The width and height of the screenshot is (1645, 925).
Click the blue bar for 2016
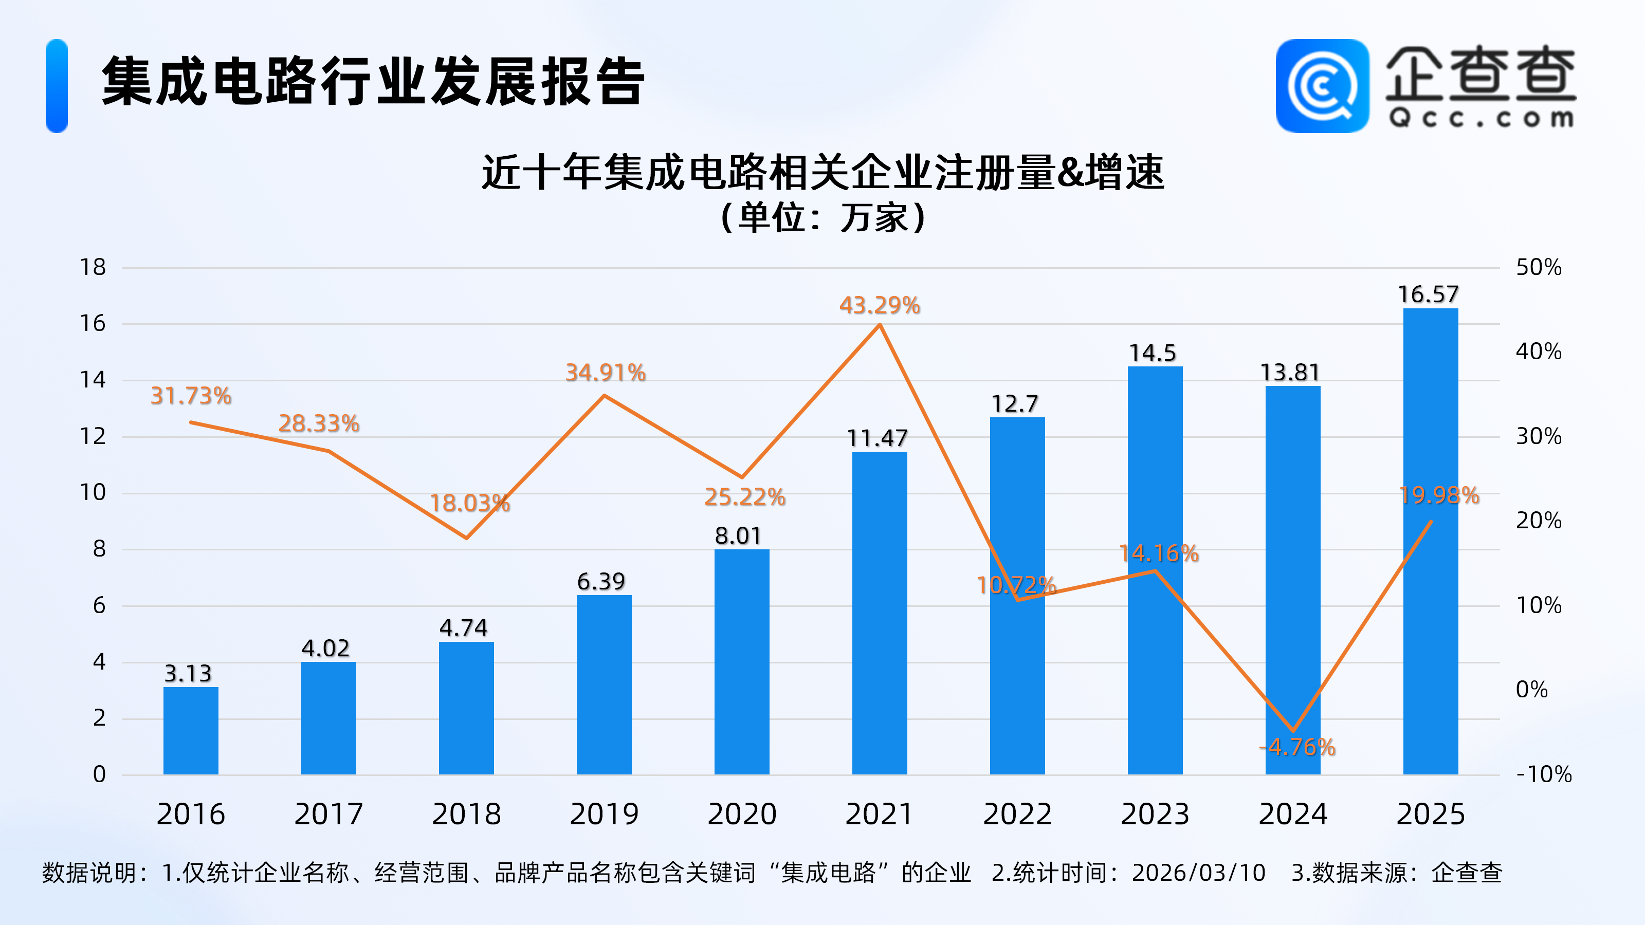pos(190,730)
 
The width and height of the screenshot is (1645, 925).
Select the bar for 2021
pos(880,613)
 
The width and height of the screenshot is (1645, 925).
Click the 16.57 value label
pos(1429,294)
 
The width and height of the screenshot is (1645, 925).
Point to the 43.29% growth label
pos(880,305)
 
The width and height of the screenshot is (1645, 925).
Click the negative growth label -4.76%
pos(1297,746)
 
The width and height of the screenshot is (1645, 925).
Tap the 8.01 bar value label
pos(738,535)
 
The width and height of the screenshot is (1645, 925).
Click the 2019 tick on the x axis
pos(604,814)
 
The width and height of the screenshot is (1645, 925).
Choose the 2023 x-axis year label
pos(1155,814)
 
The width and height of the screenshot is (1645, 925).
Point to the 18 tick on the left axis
pos(93,267)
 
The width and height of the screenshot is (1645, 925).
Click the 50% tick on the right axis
pos(1539,267)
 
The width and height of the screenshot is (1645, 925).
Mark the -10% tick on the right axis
pos(1543,774)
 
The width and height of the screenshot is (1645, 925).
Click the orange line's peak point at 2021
pos(880,325)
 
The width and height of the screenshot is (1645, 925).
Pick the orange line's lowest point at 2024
pos(1293,730)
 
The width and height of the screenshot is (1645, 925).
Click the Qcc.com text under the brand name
pos(1481,118)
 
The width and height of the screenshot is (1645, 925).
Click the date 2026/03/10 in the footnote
pos(1199,873)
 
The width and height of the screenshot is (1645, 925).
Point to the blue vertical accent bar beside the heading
pos(57,86)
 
